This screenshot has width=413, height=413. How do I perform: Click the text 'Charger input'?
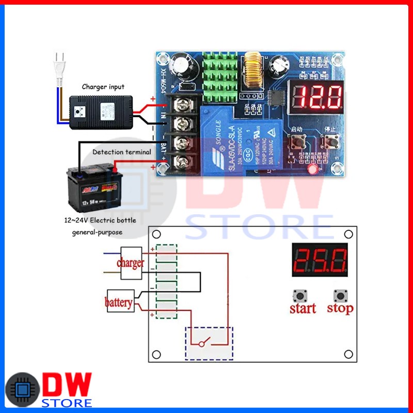click(x=103, y=87)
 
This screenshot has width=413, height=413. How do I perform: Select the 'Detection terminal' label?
click(x=122, y=152)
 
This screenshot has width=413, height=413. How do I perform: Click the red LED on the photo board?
click(x=311, y=169)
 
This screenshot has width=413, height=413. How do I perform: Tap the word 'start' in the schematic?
click(x=303, y=309)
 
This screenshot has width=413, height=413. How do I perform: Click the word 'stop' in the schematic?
click(x=340, y=309)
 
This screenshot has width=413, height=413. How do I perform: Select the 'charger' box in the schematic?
click(x=131, y=263)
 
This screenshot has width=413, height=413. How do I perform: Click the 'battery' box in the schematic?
click(x=119, y=302)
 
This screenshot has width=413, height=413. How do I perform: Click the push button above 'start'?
click(x=299, y=296)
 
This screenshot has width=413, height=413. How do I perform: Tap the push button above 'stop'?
click(x=340, y=296)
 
